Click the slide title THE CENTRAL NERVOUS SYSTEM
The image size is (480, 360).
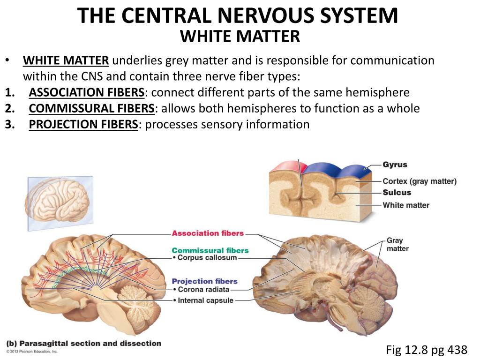click(238, 15)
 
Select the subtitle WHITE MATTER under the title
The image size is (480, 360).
click(240, 36)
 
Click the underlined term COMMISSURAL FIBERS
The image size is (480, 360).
click(91, 108)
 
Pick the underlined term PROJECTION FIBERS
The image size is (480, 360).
click(83, 124)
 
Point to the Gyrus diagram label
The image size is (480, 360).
click(395, 165)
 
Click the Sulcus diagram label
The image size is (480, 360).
click(397, 193)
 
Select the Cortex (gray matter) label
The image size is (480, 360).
click(419, 181)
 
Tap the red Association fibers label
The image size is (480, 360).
click(208, 233)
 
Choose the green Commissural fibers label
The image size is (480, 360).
click(210, 250)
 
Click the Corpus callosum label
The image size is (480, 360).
click(207, 258)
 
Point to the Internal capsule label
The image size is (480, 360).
click(205, 300)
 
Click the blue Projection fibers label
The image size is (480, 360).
click(204, 281)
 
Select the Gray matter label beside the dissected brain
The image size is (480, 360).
click(397, 244)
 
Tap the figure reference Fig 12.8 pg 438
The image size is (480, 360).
click(426, 349)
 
